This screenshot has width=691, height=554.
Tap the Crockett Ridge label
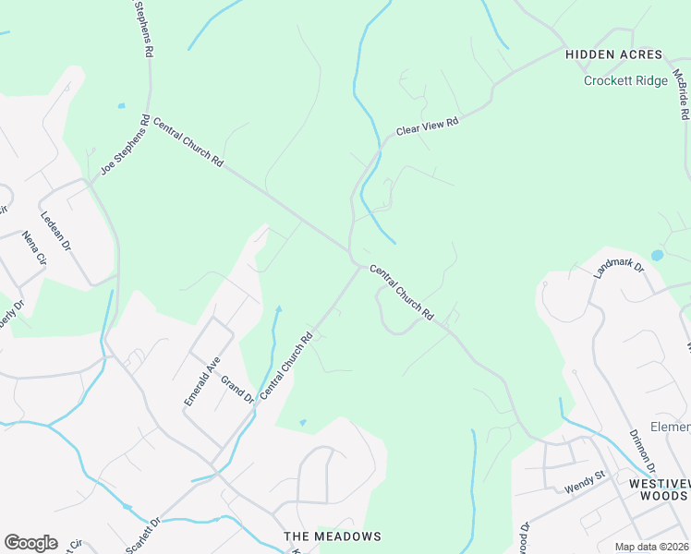click(x=625, y=81)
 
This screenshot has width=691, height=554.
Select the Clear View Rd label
click(x=427, y=126)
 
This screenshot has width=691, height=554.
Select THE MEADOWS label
click(x=332, y=536)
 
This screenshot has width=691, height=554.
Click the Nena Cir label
click(x=33, y=247)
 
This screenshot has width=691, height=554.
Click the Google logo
click(x=30, y=543)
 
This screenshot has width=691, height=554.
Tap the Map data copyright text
click(x=652, y=547)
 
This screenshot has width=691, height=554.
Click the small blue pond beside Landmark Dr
click(x=657, y=255)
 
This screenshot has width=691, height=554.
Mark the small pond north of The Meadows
click(x=303, y=423)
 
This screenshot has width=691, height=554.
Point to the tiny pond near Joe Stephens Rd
click(x=121, y=106)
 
